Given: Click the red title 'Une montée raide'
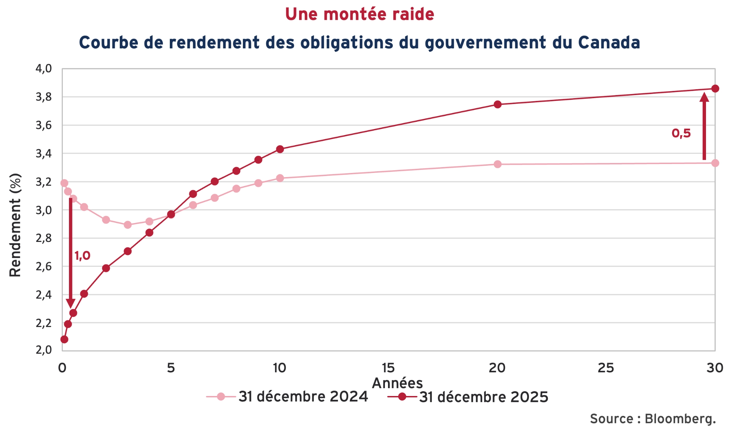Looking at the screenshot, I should tap(360, 14).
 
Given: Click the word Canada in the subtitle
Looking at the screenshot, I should tap(609, 43).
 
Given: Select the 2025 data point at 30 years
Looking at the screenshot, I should tap(715, 89).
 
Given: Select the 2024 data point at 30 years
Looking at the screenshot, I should tap(715, 163).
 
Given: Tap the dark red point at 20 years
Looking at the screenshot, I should tap(497, 104).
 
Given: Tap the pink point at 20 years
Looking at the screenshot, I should tap(497, 164).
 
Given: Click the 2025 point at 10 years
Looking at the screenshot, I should tap(280, 149).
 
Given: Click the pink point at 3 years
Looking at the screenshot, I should tap(128, 225).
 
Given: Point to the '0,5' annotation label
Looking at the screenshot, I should tap(681, 133).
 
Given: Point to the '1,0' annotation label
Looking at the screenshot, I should tap(82, 256).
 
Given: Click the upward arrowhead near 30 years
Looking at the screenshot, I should tap(704, 97).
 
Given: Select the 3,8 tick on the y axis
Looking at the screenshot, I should tap(44, 97).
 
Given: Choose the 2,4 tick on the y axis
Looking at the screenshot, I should tap(44, 295).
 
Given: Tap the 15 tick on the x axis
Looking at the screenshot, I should tap(388, 368).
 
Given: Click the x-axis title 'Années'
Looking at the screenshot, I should tap(397, 383).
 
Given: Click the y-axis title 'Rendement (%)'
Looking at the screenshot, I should tap(15, 225).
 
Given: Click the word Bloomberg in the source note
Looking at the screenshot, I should tap(680, 419).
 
